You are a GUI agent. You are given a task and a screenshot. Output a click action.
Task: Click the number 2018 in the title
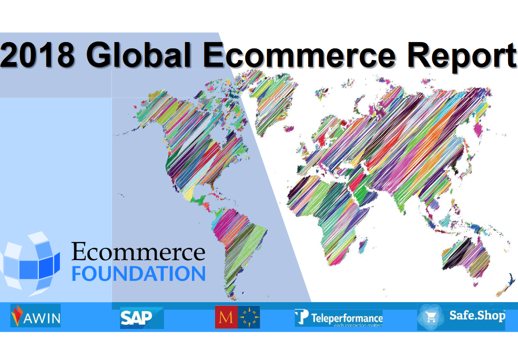[x=38, y=55]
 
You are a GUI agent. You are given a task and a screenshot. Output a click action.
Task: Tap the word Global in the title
[x=139, y=55]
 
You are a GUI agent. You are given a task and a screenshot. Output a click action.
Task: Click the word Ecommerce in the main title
[x=299, y=55]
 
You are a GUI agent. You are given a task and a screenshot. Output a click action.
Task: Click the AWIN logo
[x=35, y=315]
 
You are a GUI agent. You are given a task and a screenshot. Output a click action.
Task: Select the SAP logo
[x=141, y=318]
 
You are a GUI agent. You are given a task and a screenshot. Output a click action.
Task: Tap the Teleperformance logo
[x=339, y=318]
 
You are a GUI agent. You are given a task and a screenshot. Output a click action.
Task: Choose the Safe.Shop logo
[x=461, y=317]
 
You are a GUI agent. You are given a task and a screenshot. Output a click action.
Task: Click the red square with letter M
[x=226, y=317]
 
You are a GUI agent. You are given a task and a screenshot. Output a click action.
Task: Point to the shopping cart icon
[x=431, y=317]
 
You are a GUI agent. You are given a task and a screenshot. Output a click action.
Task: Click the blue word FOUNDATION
[x=139, y=274]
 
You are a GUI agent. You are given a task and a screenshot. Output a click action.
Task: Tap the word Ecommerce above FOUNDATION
[x=138, y=252]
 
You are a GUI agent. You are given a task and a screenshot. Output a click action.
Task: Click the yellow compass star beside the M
[x=249, y=317]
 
